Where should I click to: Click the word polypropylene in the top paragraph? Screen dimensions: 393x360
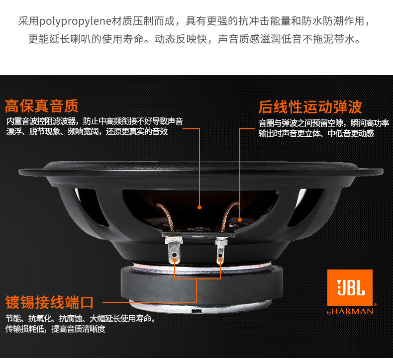[75, 21]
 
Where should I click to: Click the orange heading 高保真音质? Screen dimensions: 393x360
[42, 106]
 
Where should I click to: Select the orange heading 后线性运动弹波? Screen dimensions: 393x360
[310, 107]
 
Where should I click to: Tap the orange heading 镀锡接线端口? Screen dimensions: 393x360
[49, 302]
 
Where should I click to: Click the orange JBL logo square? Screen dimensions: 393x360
[350, 287]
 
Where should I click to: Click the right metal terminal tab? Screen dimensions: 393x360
[221, 251]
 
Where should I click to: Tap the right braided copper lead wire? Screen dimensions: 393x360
[228, 215]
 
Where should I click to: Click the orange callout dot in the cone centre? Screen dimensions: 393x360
[199, 207]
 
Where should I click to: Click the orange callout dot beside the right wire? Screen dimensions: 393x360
[240, 220]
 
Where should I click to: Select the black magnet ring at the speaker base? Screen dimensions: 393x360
[200, 284]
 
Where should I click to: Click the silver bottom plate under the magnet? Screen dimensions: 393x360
[200, 306]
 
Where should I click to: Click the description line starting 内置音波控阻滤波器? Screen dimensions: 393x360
[95, 121]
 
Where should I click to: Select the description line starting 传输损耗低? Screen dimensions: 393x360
[55, 329]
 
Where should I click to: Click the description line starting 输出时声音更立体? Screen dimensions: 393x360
[316, 134]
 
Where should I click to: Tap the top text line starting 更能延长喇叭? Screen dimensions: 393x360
[195, 39]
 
